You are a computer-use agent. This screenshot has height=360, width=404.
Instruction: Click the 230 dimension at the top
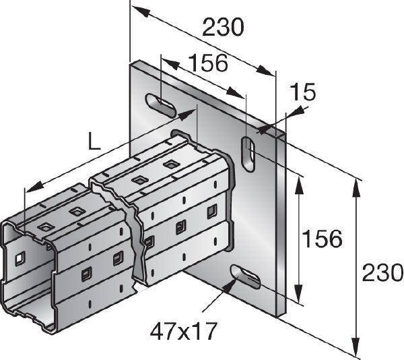222,28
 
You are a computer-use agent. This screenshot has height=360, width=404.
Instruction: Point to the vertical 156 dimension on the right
321,239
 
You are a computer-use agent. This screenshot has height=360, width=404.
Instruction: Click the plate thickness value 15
303,92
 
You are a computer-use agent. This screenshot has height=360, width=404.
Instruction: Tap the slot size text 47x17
182,330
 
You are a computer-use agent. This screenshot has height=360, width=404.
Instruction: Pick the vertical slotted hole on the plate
248,152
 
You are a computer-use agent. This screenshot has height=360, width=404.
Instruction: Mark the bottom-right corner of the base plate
287,314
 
